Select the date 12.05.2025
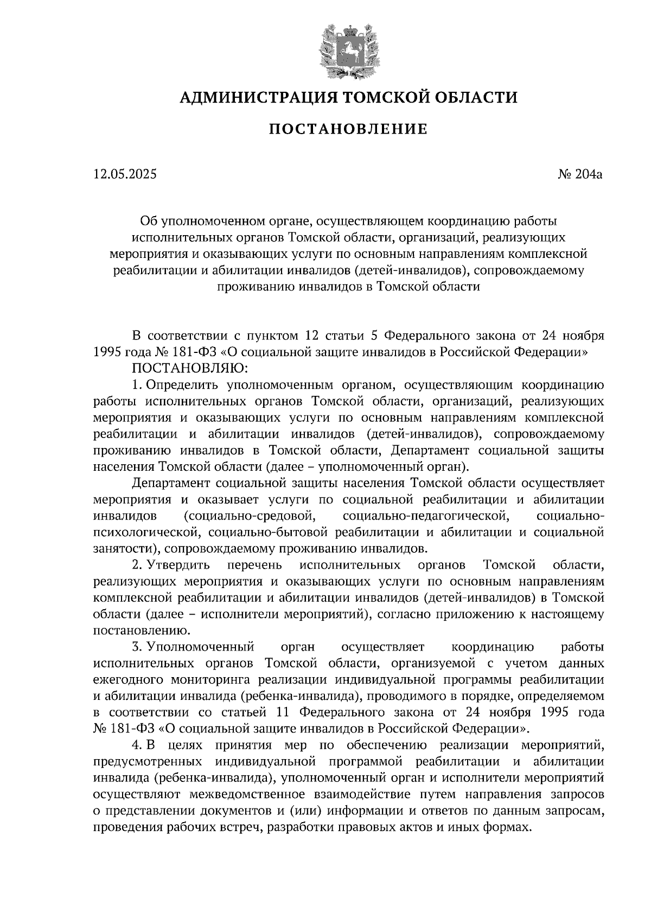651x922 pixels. pos(125,174)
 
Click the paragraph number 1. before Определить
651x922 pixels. pos(137,385)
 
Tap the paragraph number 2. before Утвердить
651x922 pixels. pos(137,565)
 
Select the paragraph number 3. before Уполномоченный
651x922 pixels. pos(137,647)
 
